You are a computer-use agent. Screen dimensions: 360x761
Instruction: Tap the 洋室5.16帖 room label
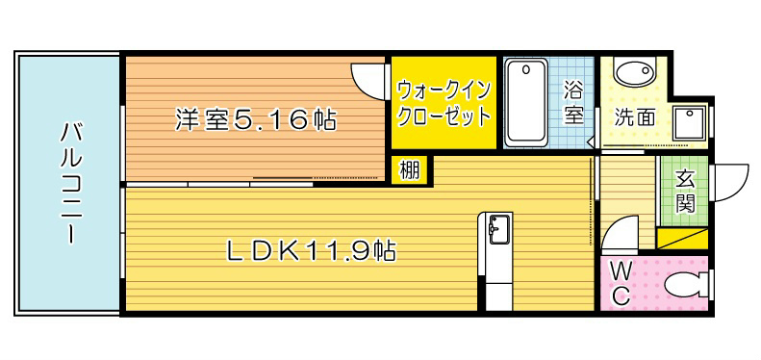pyautogui.click(x=255, y=120)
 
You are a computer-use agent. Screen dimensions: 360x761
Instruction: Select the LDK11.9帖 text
pyautogui.click(x=311, y=252)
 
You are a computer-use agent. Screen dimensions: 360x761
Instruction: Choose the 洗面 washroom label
pyautogui.click(x=635, y=118)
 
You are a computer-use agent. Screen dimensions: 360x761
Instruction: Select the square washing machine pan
pyautogui.click(x=690, y=122)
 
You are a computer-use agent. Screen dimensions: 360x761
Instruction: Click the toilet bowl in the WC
pyautogui.click(x=686, y=286)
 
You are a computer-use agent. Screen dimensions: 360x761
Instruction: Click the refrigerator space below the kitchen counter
pyautogui.click(x=499, y=293)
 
